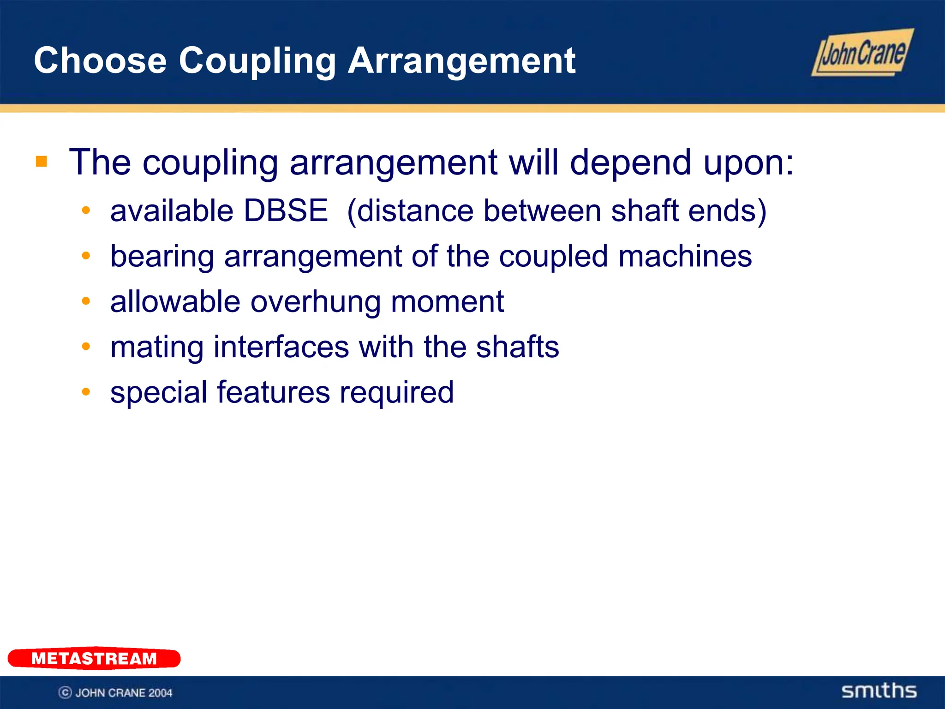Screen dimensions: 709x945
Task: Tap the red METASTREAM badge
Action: [94, 658]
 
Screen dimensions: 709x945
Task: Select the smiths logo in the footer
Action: [879, 691]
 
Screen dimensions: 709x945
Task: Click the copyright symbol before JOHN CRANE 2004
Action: [65, 692]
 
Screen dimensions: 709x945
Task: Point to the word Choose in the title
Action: [100, 60]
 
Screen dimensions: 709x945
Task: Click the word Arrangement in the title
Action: [461, 60]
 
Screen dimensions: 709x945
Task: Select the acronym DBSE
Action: [286, 211]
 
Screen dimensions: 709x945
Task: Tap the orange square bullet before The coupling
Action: [42, 162]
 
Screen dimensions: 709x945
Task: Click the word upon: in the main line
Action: [748, 162]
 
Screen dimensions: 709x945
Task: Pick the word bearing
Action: [162, 257]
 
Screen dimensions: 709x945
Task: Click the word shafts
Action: [517, 347]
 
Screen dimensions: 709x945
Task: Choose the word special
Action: [159, 393]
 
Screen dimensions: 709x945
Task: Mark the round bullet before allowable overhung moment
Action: [86, 301]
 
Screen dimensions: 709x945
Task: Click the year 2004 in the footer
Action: [160, 692]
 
